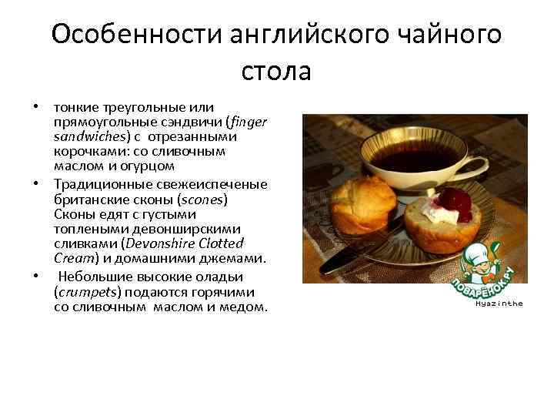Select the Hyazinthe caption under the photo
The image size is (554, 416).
[499, 304]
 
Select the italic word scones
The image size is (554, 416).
[201, 198]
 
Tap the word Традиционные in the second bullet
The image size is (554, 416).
[99, 184]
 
